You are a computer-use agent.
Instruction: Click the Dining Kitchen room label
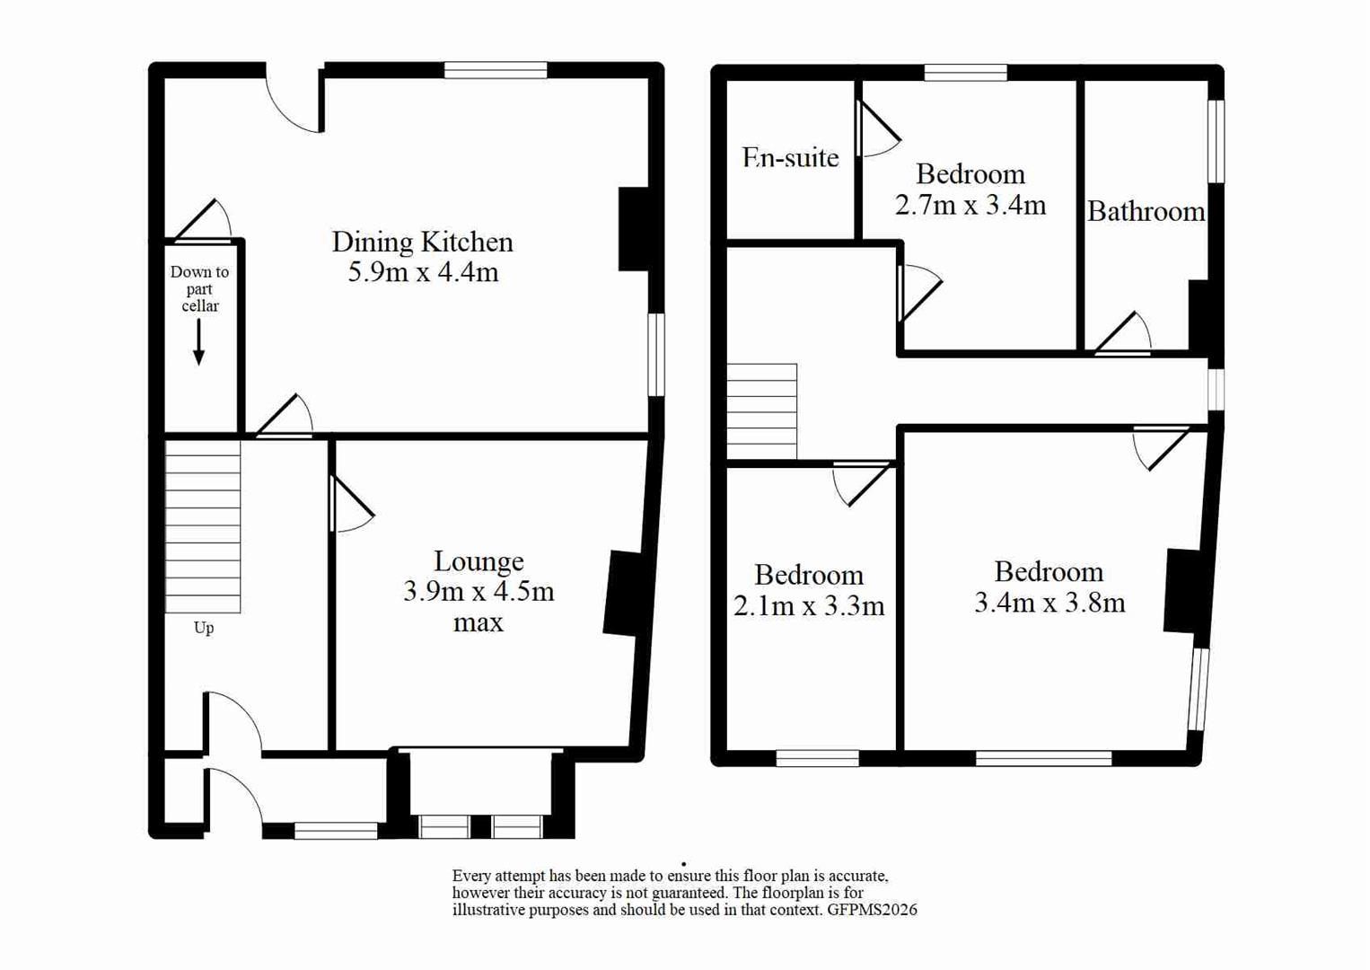click(x=422, y=242)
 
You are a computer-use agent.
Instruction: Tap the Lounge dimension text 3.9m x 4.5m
click(x=478, y=592)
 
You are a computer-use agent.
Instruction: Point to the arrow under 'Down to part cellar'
click(x=198, y=342)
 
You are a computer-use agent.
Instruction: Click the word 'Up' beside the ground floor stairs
click(x=204, y=628)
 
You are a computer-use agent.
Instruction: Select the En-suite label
click(x=790, y=157)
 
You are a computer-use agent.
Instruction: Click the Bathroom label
click(x=1146, y=212)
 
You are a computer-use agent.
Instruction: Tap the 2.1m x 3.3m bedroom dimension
click(x=808, y=606)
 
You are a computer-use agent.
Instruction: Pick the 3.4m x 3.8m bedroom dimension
click(x=1049, y=603)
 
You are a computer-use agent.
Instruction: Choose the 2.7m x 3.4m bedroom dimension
click(x=970, y=206)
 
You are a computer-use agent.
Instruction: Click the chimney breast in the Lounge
click(x=622, y=594)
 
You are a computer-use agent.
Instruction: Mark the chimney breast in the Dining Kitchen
click(x=633, y=229)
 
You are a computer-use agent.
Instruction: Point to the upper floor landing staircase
click(x=761, y=411)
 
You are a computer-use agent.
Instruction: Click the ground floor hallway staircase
click(x=203, y=525)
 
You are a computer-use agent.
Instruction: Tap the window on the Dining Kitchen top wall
click(x=496, y=70)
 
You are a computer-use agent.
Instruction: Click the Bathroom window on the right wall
click(x=1216, y=141)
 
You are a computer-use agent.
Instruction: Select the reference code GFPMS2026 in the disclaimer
click(x=872, y=910)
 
